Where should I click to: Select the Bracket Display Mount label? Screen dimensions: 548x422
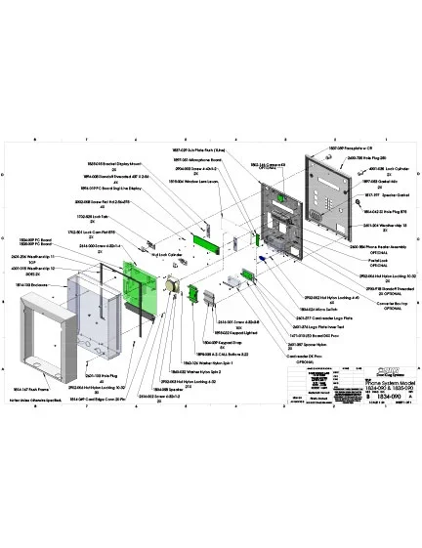115,163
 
